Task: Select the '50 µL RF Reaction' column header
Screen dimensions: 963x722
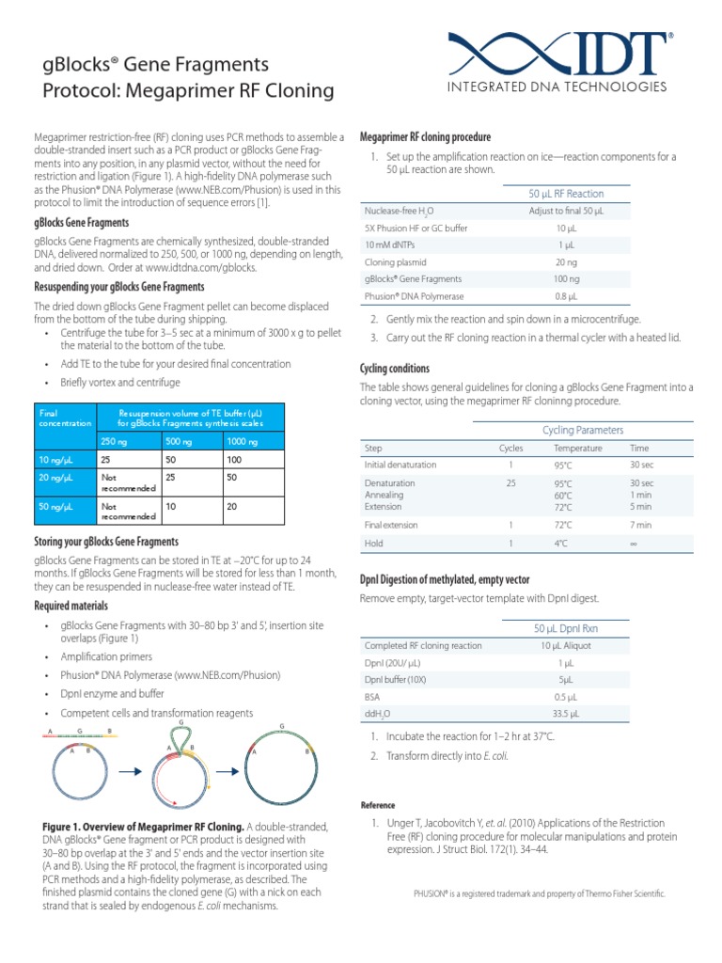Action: [x=567, y=194]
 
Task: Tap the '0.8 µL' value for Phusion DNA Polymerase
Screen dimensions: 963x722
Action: [x=567, y=296]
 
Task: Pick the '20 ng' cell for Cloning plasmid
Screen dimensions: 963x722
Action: [x=567, y=262]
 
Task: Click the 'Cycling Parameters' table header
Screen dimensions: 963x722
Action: [x=583, y=430]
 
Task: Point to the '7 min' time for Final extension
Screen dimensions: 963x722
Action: [x=641, y=525]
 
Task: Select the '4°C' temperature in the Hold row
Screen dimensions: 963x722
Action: [x=561, y=544]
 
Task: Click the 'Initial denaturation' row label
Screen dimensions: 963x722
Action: [x=400, y=465]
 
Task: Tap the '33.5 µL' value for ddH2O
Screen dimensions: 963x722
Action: [x=567, y=714]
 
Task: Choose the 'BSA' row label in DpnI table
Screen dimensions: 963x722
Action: [x=373, y=697]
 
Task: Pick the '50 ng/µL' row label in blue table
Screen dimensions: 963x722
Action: [x=55, y=506]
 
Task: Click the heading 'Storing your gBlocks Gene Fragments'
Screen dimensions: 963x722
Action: [x=106, y=542]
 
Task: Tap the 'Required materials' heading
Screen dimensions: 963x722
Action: [x=71, y=606]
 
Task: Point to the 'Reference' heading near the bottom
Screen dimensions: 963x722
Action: [x=379, y=805]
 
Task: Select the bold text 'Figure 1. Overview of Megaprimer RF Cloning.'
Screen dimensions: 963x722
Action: [x=140, y=826]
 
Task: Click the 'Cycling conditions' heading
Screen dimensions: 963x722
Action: [x=396, y=369]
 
